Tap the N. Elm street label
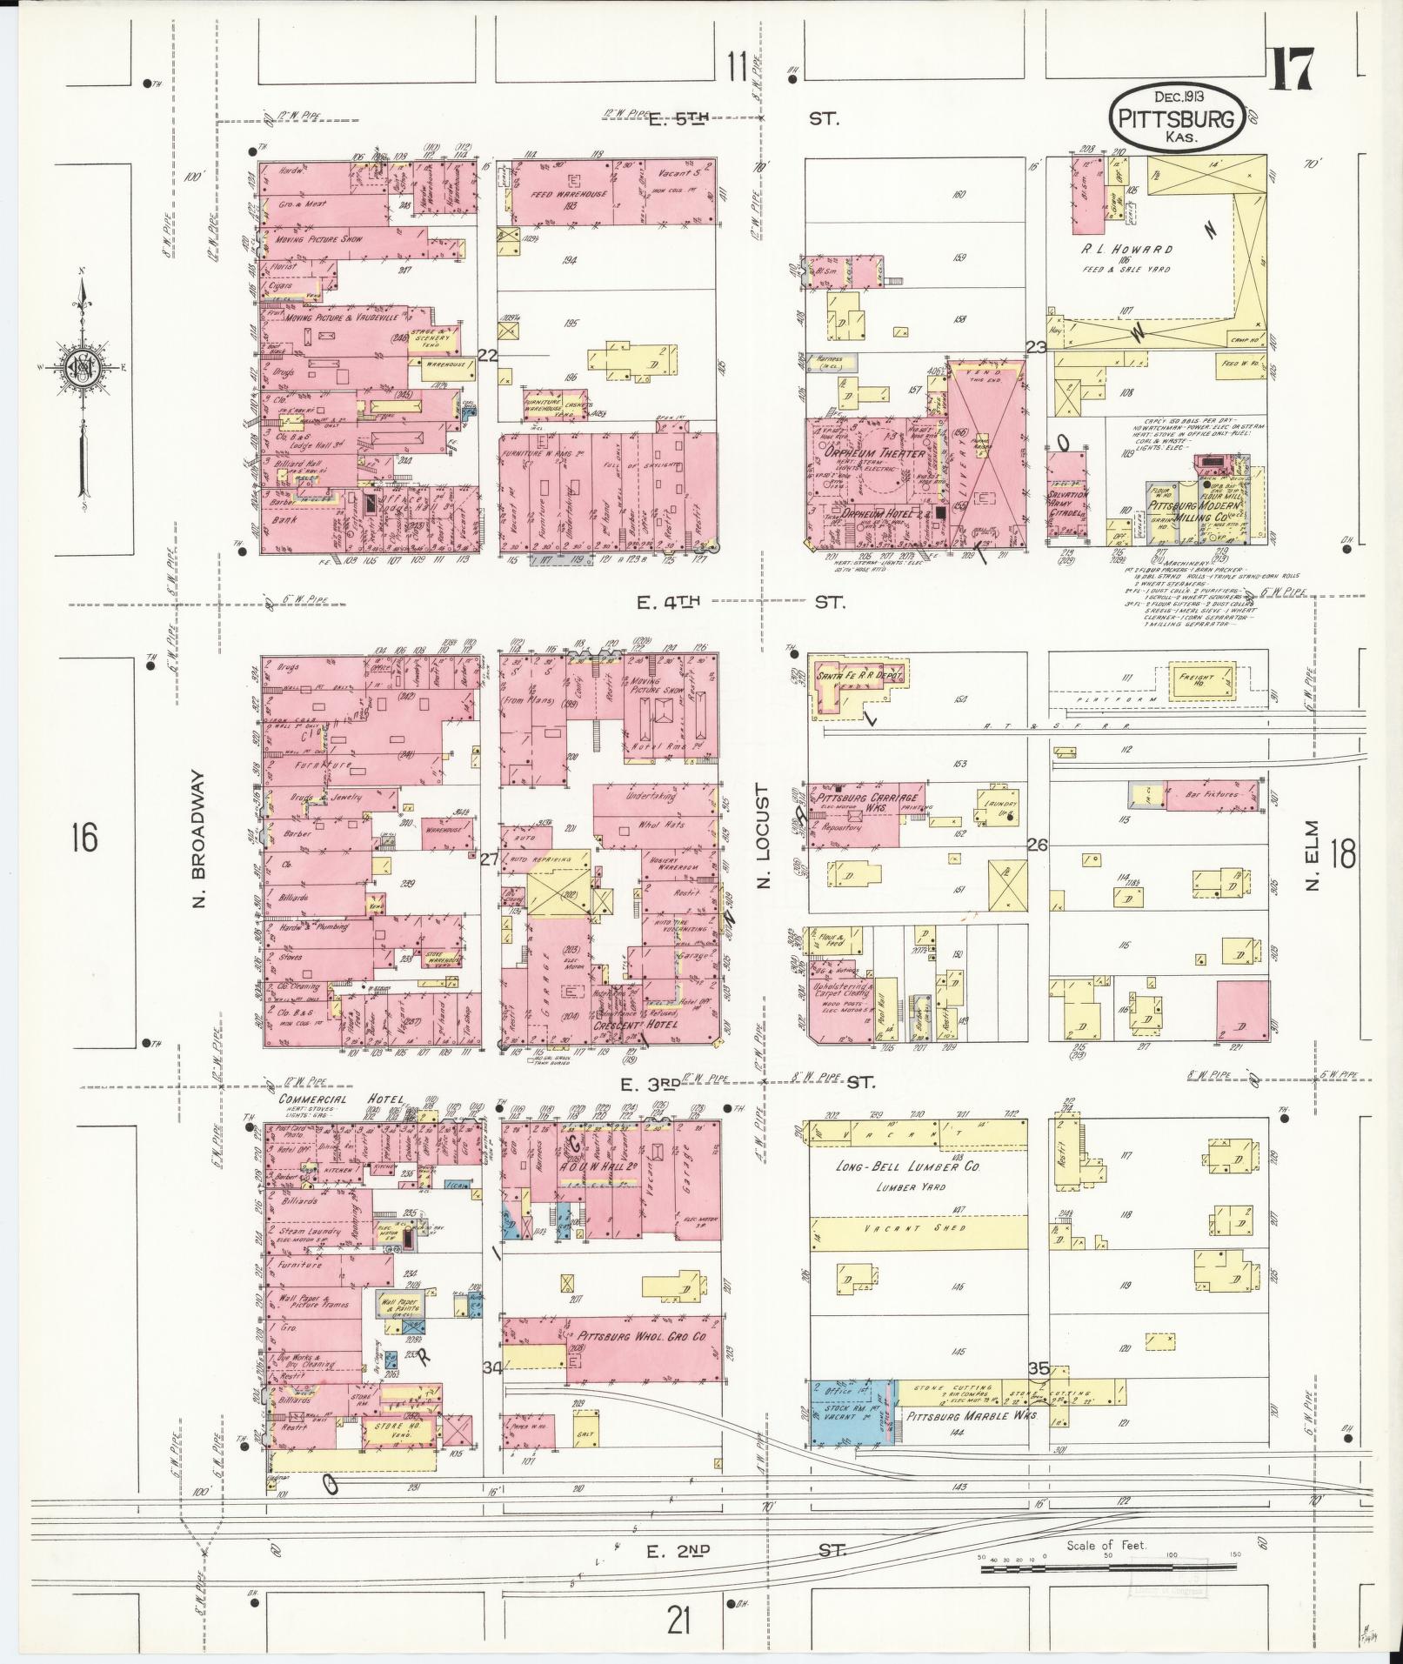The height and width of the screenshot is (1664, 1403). pyautogui.click(x=1313, y=855)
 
